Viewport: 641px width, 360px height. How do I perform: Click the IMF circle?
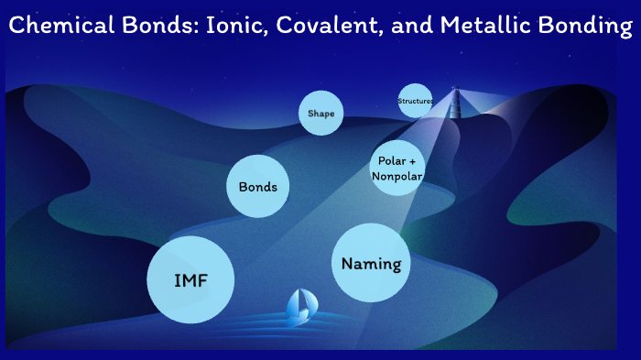click(x=190, y=279)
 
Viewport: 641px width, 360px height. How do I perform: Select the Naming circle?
click(x=371, y=263)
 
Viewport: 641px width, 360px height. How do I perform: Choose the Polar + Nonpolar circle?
click(x=397, y=169)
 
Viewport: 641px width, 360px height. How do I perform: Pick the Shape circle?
click(x=320, y=114)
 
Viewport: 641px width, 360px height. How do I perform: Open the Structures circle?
click(x=415, y=101)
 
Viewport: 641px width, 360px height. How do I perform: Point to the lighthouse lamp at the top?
click(x=451, y=90)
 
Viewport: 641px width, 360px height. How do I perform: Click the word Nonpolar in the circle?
click(x=397, y=177)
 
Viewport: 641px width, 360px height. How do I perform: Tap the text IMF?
click(x=190, y=280)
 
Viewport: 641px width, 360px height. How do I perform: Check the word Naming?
click(x=371, y=264)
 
